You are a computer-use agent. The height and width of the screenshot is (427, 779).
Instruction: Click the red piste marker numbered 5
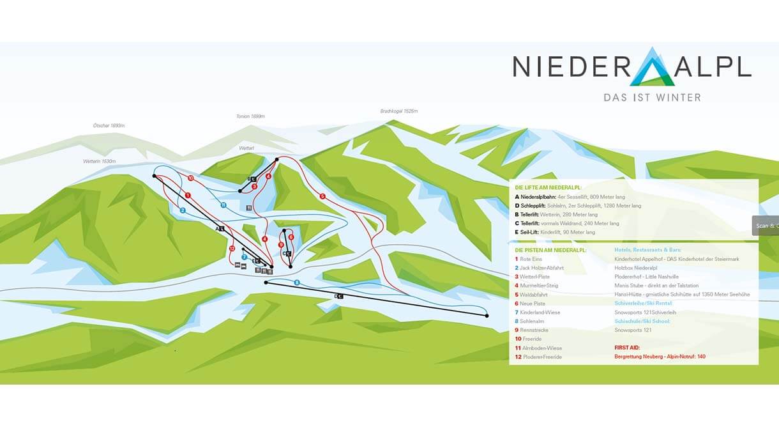click(322, 196)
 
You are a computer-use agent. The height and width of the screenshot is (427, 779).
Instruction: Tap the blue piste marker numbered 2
click(183, 210)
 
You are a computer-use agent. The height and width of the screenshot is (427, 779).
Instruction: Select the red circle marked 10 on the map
click(190, 177)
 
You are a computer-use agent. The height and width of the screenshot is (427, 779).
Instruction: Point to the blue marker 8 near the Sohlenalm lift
click(297, 282)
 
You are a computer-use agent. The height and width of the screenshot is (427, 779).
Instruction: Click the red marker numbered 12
click(232, 248)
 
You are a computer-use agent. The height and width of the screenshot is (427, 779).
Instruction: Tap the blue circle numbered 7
click(244, 256)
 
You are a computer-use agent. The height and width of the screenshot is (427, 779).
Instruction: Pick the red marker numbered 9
click(281, 244)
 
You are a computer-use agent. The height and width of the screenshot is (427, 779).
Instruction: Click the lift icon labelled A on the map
click(220, 228)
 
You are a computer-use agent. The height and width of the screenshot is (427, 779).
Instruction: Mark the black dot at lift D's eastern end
click(487, 315)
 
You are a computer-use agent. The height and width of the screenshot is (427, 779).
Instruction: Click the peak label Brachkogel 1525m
click(398, 111)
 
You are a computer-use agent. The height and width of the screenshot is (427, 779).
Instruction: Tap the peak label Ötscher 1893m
click(109, 126)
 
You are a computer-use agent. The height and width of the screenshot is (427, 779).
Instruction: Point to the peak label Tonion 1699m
click(250, 116)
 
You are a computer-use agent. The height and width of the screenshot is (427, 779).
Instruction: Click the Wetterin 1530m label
click(99, 161)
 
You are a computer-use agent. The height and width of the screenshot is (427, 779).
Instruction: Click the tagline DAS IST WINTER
click(652, 98)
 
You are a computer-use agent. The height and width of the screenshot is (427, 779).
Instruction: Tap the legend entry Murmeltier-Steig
click(539, 285)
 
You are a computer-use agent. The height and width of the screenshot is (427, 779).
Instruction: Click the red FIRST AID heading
click(627, 348)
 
